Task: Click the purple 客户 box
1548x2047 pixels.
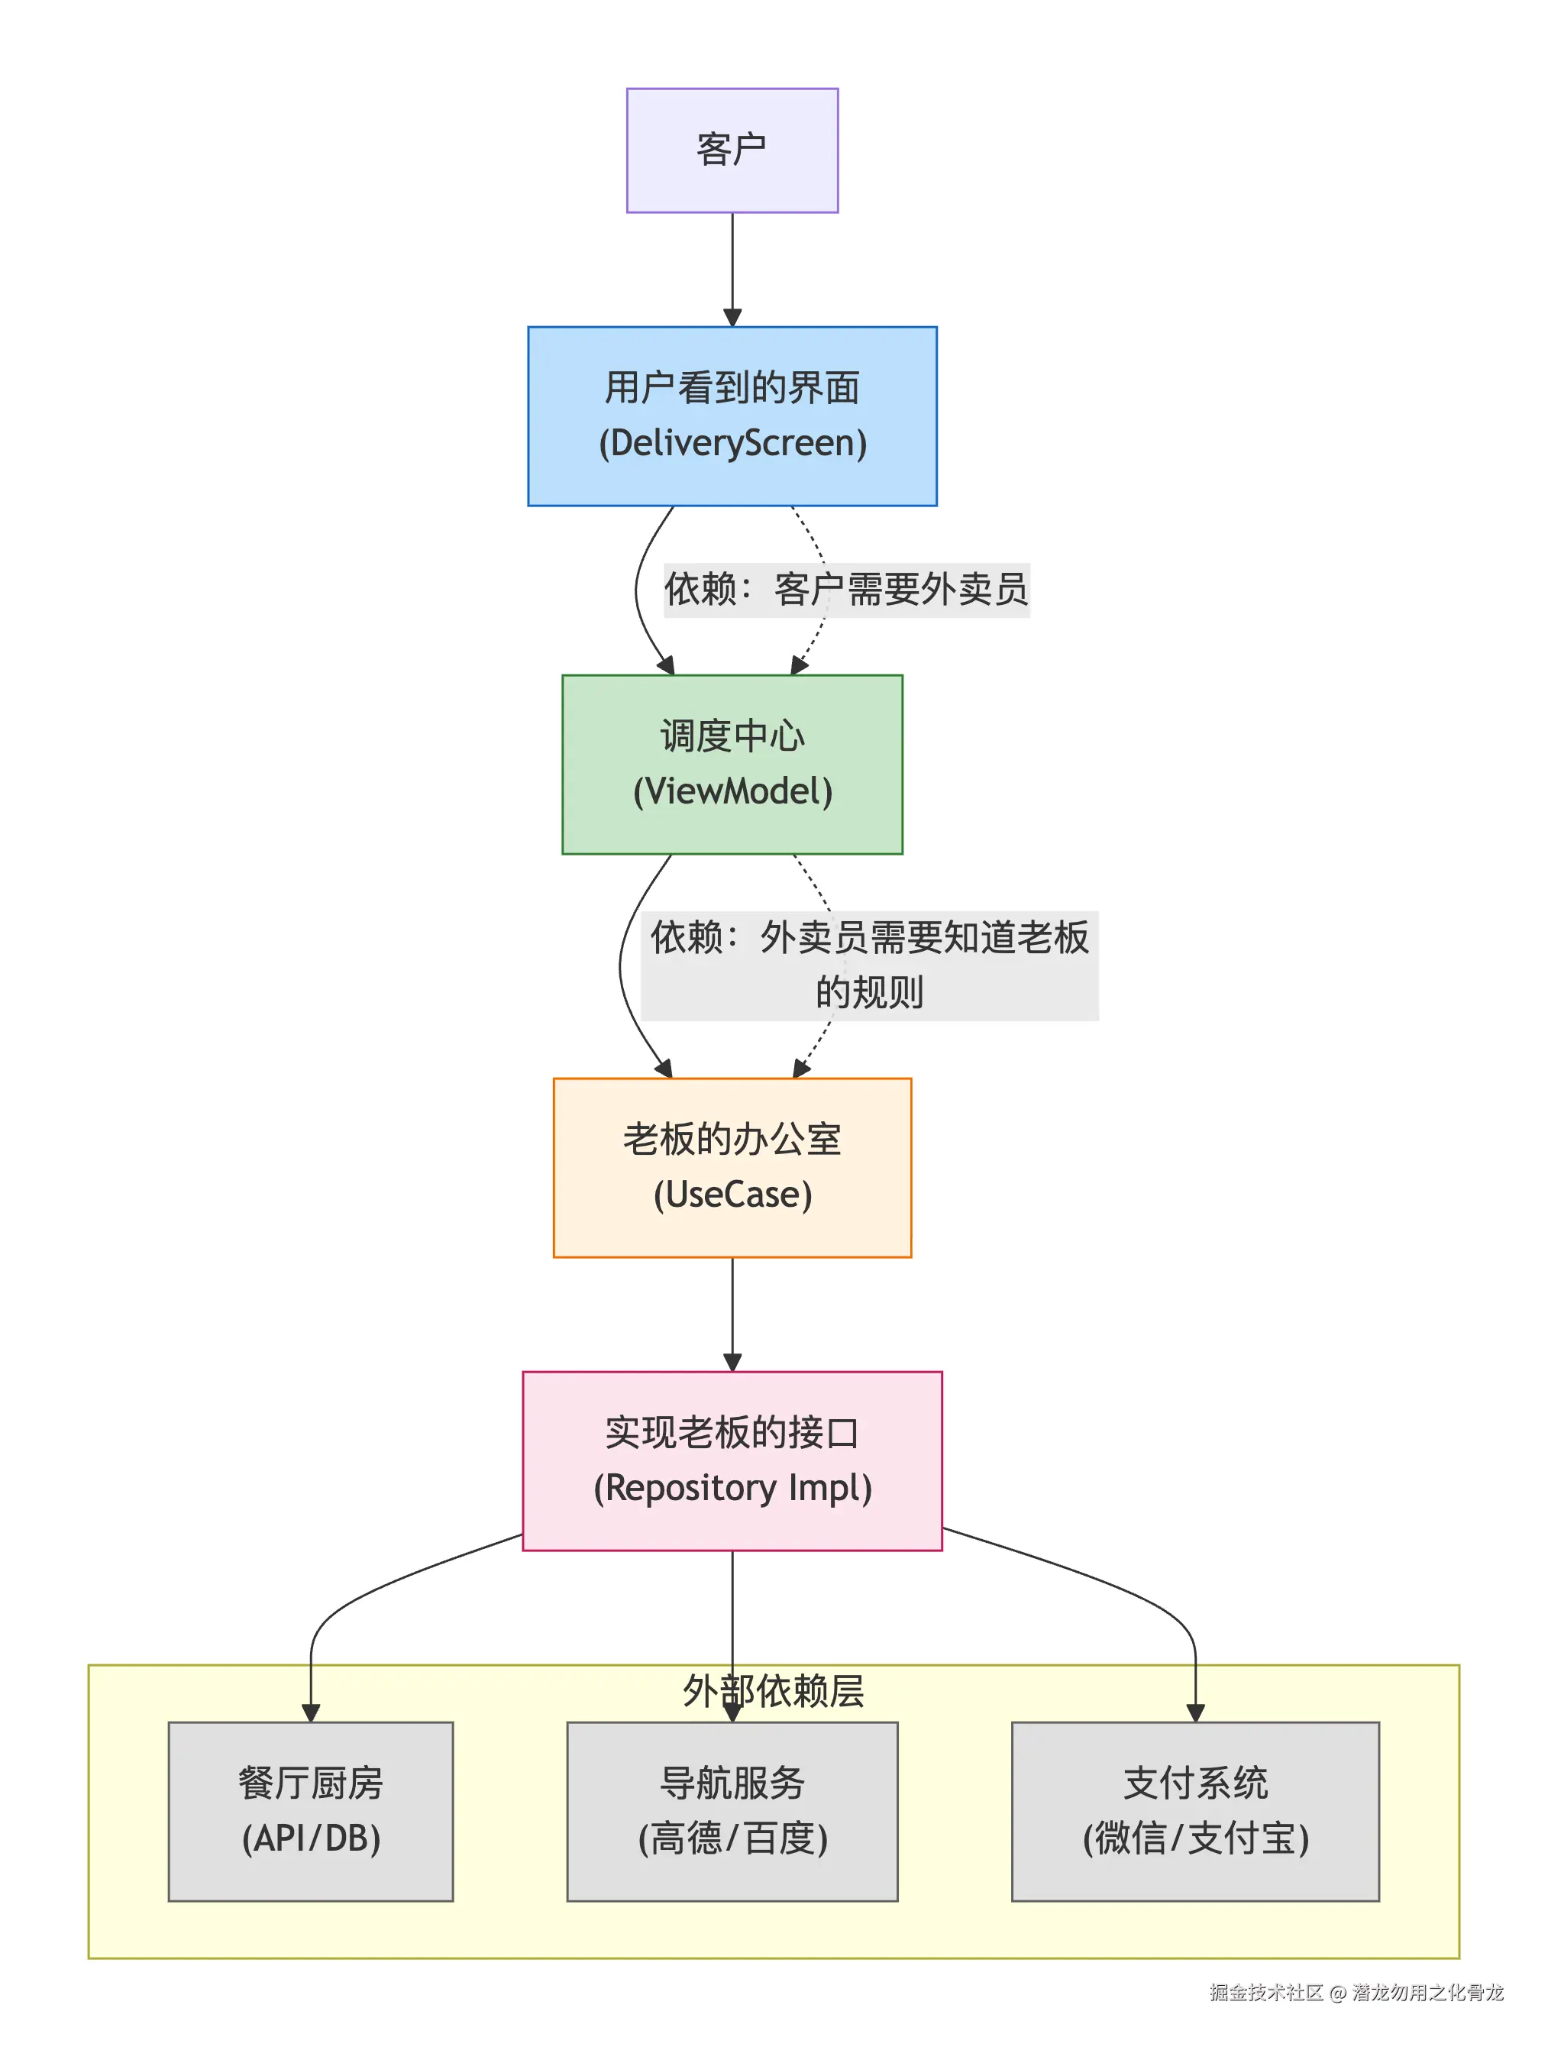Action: pos(732,150)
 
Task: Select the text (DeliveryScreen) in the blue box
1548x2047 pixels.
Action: pos(732,442)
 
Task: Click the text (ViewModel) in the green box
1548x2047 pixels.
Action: pos(732,791)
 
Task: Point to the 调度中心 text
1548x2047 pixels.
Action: pos(732,736)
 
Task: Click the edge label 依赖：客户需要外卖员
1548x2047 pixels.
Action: pos(845,590)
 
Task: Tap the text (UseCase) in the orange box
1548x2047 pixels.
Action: pos(732,1195)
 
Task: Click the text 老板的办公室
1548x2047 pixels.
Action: pos(732,1139)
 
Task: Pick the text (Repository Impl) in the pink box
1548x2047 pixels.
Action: pos(732,1488)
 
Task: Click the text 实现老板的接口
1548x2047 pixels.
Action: pos(732,1433)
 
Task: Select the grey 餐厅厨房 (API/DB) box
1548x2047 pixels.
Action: pos(310,1811)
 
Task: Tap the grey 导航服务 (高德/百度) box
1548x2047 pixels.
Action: pos(732,1811)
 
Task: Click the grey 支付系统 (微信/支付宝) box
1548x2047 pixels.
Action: pos(1194,1811)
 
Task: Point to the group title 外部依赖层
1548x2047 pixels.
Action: pos(774,1692)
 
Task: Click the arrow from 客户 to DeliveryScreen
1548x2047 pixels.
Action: pos(732,268)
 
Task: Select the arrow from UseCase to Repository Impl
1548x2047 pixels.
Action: pos(732,1314)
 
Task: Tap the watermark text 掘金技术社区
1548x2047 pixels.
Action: pos(1265,1991)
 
